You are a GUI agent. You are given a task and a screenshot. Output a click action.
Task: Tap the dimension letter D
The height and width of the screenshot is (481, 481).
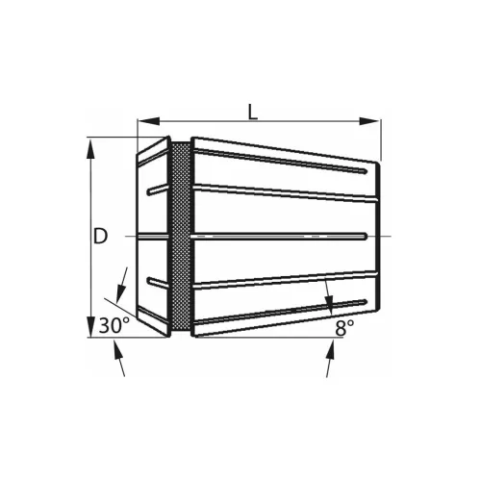tap(101, 236)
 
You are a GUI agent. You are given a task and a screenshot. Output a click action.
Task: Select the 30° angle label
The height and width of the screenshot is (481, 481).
tap(114, 325)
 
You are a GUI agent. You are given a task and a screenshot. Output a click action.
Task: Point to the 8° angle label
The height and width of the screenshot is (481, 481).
tap(344, 327)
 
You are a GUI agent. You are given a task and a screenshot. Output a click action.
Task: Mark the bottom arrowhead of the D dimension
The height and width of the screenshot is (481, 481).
tap(91, 327)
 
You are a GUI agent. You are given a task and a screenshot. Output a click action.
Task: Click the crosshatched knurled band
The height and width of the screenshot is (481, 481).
tap(180, 237)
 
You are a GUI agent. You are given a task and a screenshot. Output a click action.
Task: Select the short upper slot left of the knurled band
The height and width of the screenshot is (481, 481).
tap(157, 190)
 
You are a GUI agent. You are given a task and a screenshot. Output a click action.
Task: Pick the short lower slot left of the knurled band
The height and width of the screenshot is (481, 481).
tap(157, 282)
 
